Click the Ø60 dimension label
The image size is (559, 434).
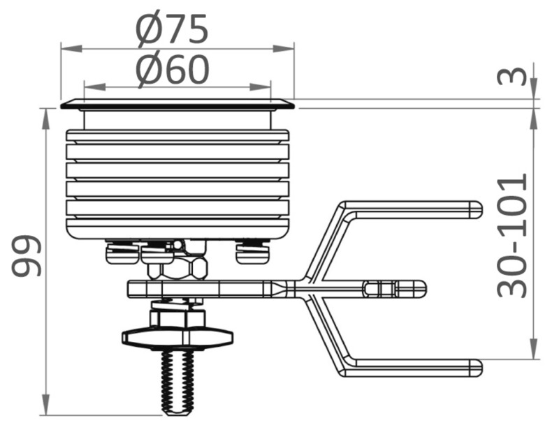pyautogui.click(x=172, y=70)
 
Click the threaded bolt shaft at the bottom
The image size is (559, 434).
pyautogui.click(x=177, y=380)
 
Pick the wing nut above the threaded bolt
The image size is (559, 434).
pyautogui.click(x=177, y=338)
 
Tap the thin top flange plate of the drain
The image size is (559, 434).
pyautogui.click(x=177, y=105)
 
